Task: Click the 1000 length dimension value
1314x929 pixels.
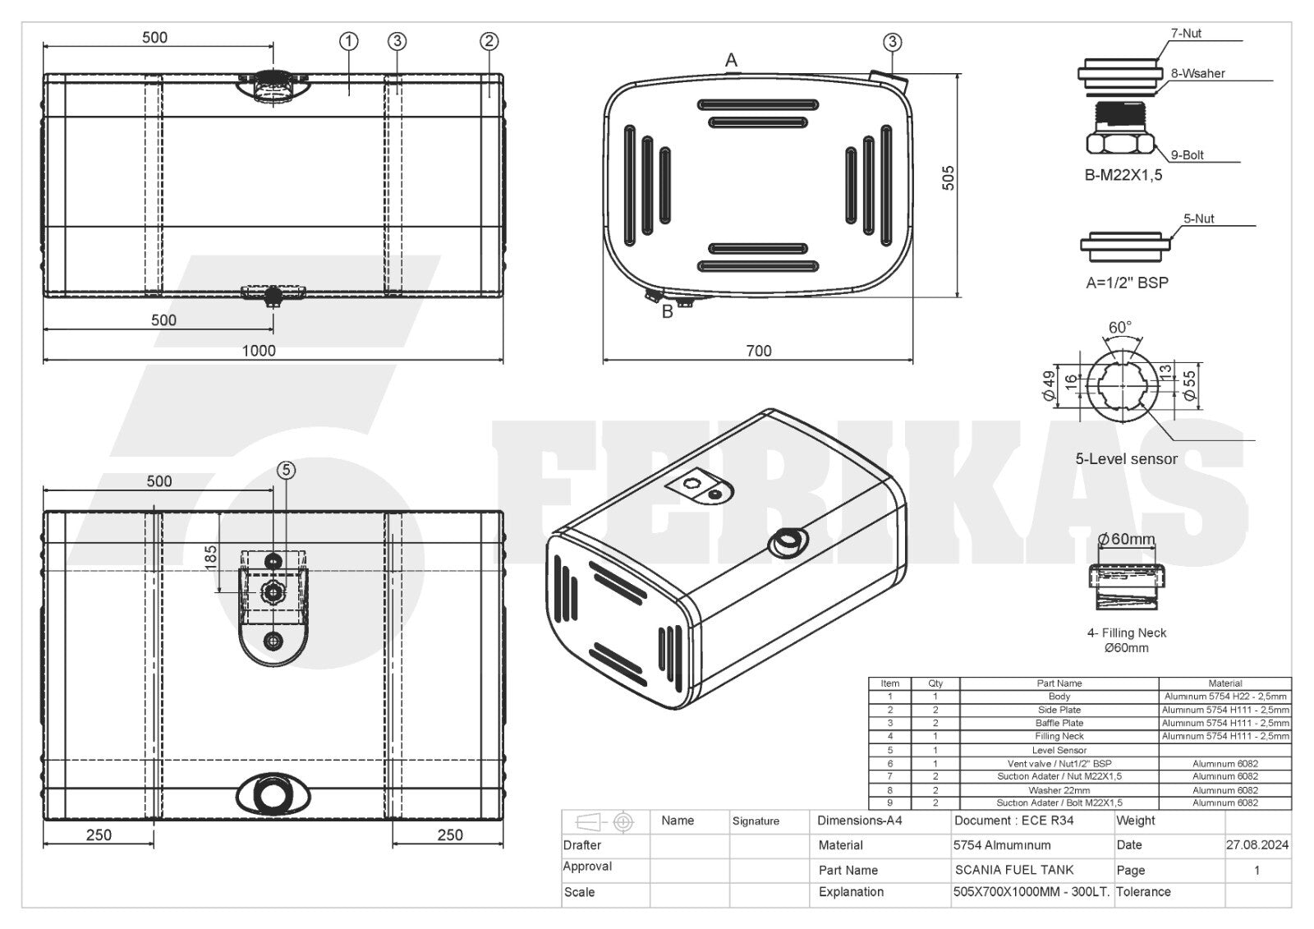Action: point(259,351)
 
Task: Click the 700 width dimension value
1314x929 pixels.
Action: point(759,351)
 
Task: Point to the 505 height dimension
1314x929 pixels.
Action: point(948,177)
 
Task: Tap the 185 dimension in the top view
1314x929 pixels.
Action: point(210,557)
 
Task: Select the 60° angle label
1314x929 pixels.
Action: point(1120,328)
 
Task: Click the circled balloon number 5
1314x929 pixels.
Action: point(286,470)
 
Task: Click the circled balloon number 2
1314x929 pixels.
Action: point(489,41)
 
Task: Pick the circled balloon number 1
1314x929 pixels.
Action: point(348,41)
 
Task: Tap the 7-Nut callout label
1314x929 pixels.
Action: point(1186,34)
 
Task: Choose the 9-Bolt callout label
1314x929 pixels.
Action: point(1188,155)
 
